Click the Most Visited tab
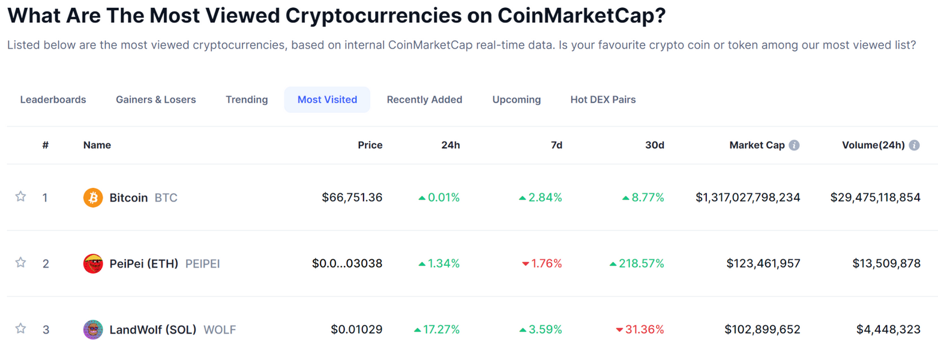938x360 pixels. [327, 100]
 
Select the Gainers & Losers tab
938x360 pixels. [155, 100]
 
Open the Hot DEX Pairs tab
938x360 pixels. [603, 100]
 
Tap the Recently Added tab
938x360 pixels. [424, 100]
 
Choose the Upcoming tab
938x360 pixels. [516, 100]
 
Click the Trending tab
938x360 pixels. [247, 100]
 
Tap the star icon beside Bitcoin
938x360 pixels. [20, 197]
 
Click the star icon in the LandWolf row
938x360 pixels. [20, 329]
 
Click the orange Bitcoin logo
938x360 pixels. [93, 197]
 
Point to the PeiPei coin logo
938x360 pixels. [93, 263]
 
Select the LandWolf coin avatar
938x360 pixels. [93, 329]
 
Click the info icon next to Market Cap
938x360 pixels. [794, 145]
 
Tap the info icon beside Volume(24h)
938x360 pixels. [914, 145]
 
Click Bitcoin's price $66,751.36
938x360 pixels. [352, 197]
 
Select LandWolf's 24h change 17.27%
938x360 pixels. [441, 329]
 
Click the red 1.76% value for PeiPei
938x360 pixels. [545, 263]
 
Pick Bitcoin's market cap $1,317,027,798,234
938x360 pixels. [748, 197]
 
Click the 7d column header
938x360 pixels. [557, 145]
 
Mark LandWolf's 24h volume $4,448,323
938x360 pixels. [888, 329]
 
